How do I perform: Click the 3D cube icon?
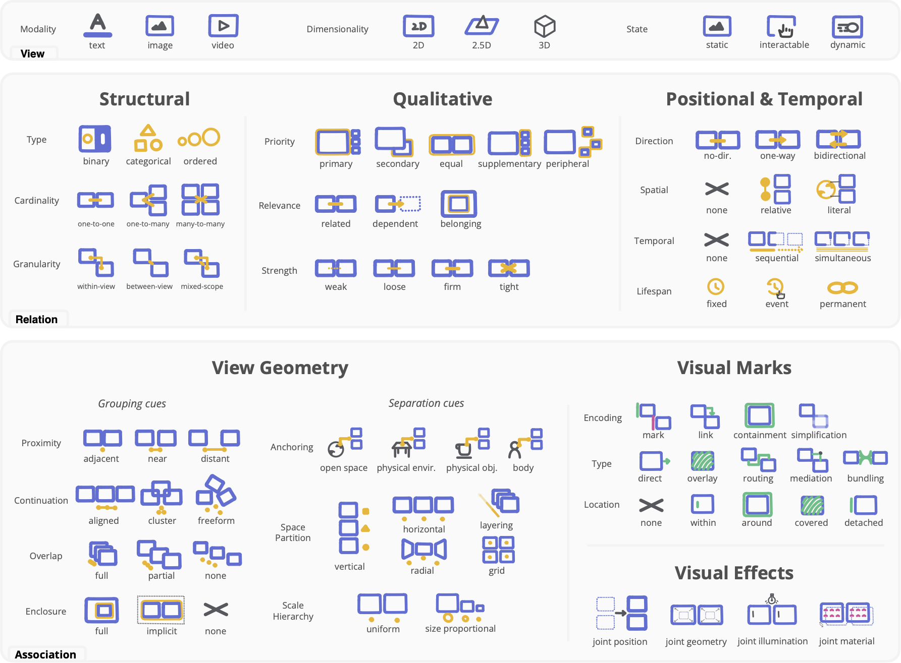click(544, 26)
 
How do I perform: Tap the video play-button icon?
click(223, 26)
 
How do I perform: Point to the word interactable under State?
click(784, 45)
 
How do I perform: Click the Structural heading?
click(144, 99)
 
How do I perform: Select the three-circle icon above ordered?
click(199, 138)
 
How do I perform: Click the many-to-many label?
click(200, 224)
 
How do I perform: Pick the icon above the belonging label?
click(459, 204)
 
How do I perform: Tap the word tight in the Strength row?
click(509, 287)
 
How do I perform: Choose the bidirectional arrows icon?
click(838, 139)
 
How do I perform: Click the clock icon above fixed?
click(716, 287)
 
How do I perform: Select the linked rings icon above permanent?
click(842, 288)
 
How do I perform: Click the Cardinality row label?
click(36, 201)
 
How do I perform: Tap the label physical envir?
click(406, 468)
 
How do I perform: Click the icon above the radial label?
click(423, 551)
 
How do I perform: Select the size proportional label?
click(460, 629)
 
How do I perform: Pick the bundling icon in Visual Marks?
click(865, 458)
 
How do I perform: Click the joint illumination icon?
click(772, 612)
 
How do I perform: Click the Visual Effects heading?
click(734, 573)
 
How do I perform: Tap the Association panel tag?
click(45, 654)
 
